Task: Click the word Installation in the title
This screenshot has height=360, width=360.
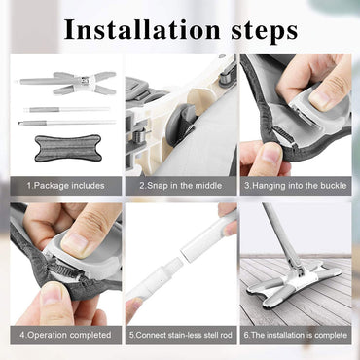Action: tap(143, 30)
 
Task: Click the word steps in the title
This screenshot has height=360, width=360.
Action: tap(265, 32)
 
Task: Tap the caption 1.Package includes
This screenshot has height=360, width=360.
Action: tap(66, 186)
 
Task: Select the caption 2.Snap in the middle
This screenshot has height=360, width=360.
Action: tap(181, 186)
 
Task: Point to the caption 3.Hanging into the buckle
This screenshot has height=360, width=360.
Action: tap(296, 186)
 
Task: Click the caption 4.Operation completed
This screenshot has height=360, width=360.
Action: tap(65, 335)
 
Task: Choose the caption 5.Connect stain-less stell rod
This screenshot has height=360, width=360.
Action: tap(181, 335)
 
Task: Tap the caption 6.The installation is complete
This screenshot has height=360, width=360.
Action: tap(296, 335)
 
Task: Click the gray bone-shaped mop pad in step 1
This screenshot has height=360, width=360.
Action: tap(68, 148)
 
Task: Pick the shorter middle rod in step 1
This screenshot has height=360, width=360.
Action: tap(66, 110)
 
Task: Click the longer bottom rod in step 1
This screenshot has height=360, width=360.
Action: tap(66, 123)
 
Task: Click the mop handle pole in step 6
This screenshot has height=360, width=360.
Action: tap(281, 236)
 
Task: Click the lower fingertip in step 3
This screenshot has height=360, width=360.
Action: tap(270, 157)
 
